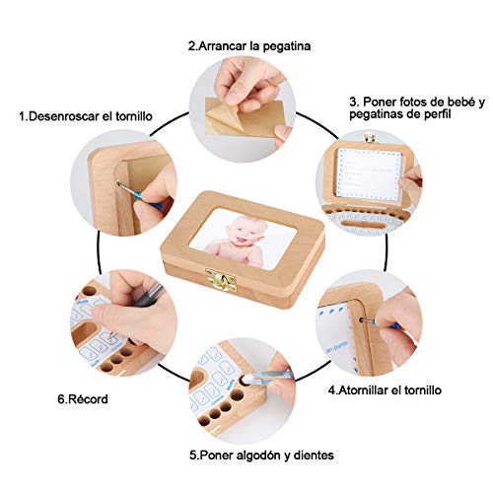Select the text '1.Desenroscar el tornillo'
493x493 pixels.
(86, 115)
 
